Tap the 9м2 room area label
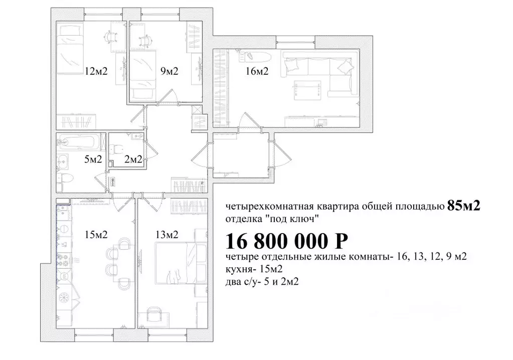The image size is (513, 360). click(x=169, y=71)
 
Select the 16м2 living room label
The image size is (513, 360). click(x=257, y=71)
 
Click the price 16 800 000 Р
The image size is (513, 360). click(x=286, y=242)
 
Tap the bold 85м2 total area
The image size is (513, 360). click(x=463, y=206)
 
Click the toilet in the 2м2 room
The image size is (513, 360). click(x=116, y=149)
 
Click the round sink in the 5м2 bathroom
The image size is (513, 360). click(x=64, y=160)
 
